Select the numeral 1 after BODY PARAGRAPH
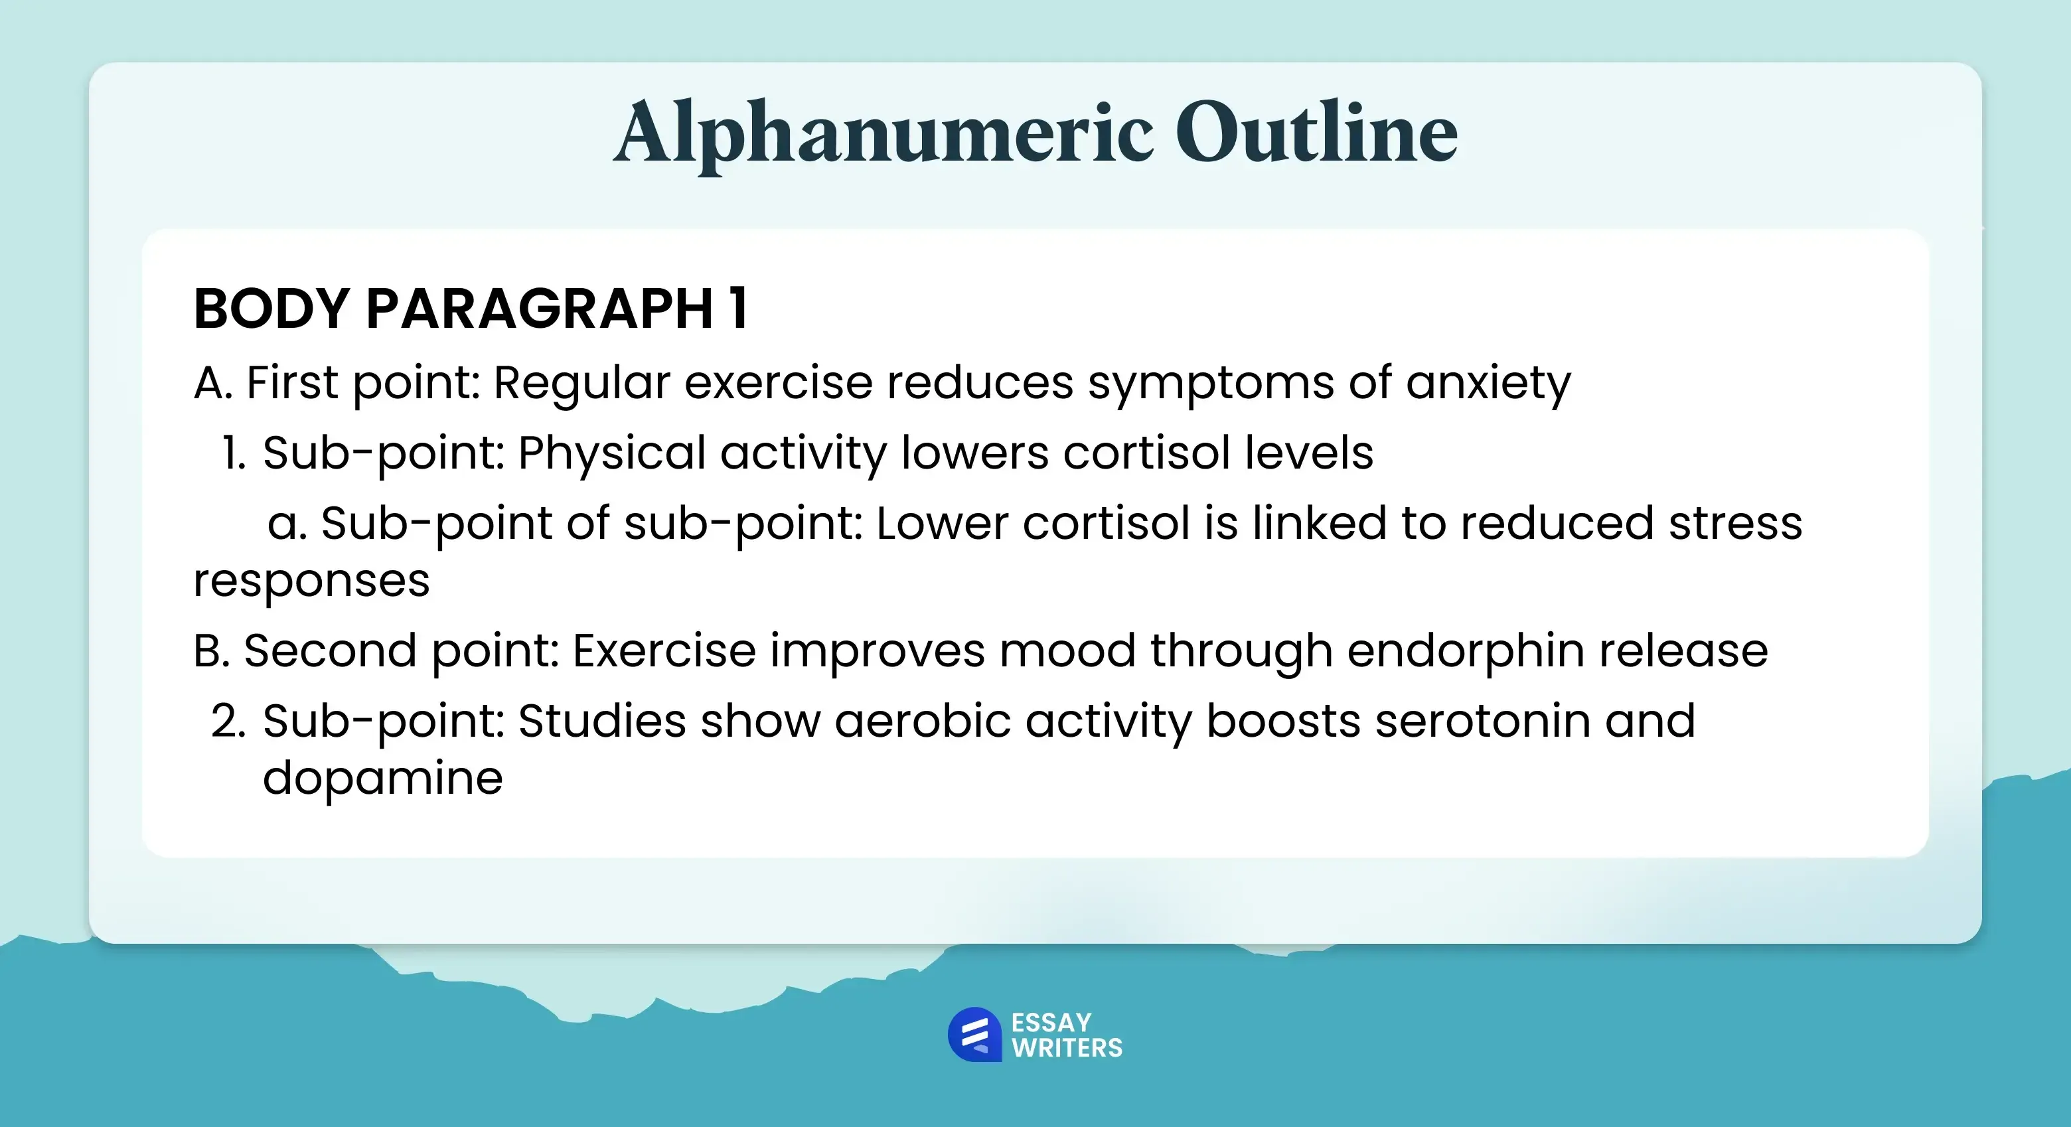click(x=739, y=308)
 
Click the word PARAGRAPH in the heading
click(x=540, y=308)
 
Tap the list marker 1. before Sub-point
click(x=234, y=453)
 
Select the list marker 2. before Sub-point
click(x=228, y=720)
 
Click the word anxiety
click(x=1488, y=384)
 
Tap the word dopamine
click(x=383, y=780)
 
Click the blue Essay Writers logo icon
click(x=974, y=1035)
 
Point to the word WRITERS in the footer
click(x=1067, y=1048)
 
